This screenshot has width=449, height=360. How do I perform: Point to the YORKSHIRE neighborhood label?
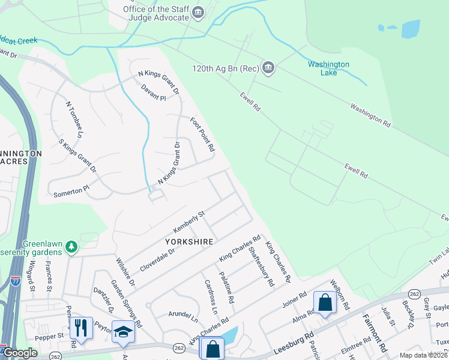(x=189, y=242)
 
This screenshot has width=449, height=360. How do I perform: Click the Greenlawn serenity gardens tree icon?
(x=71, y=247)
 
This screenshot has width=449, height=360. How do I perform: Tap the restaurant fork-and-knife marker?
(x=81, y=328)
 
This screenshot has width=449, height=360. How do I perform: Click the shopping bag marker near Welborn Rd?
(x=325, y=303)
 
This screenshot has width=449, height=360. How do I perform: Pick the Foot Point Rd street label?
(x=202, y=135)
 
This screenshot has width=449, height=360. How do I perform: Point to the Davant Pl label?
(x=153, y=92)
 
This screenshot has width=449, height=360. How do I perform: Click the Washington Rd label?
(x=370, y=115)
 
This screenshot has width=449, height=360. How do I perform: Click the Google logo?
(x=20, y=353)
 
